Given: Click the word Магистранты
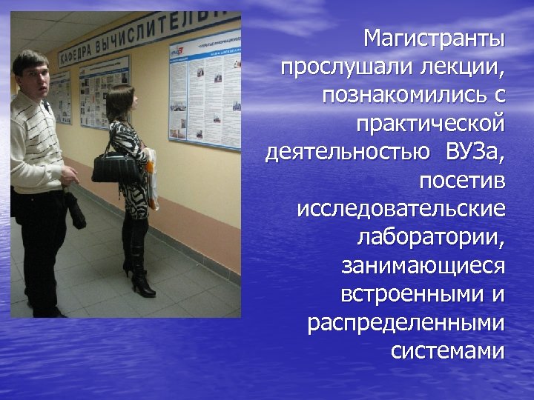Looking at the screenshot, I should pos(434,38).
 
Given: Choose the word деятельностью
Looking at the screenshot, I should pos(347,153).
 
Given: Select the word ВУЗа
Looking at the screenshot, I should pos(475,153).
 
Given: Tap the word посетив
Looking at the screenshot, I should pos(461,180).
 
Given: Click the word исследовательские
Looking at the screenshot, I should pos(401,208).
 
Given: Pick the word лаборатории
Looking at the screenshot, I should pos(431,237).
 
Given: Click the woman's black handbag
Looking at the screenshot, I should pos(114,167).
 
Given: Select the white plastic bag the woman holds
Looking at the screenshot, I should pos(153,178).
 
